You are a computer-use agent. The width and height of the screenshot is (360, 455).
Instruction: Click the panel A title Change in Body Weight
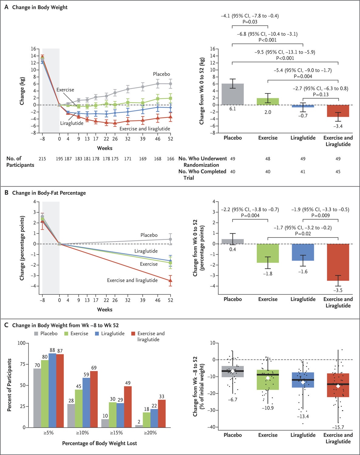(x=40, y=7)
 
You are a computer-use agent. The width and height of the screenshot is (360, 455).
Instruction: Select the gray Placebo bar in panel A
(x=233, y=94)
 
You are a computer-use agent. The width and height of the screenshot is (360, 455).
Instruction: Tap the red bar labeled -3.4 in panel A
(x=338, y=111)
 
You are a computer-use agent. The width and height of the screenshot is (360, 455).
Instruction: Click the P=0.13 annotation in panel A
(x=320, y=94)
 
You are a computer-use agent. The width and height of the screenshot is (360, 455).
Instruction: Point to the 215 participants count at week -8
(x=42, y=159)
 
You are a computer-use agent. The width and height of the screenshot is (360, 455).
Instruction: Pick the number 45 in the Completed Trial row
(x=338, y=172)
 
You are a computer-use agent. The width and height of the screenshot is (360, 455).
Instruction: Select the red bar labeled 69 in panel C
(x=94, y=399)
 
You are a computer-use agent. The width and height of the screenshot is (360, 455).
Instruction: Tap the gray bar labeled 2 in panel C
(x=139, y=426)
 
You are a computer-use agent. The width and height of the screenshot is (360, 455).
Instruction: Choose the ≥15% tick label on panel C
(x=116, y=433)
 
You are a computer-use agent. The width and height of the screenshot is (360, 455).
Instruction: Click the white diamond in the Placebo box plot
(x=233, y=371)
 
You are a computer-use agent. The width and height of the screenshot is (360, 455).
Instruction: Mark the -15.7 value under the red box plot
(x=338, y=427)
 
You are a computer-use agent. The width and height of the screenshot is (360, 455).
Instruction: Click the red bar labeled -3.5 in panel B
(x=338, y=262)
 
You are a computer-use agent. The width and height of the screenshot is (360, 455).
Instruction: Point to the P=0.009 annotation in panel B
(x=320, y=216)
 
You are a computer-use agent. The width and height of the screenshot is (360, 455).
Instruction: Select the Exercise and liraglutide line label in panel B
(x=132, y=280)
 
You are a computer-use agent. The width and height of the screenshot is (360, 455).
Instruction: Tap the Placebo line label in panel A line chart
(x=161, y=74)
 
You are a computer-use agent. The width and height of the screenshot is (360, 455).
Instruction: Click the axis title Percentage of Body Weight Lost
(x=99, y=443)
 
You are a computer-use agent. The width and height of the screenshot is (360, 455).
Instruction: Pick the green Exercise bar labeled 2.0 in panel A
(x=268, y=102)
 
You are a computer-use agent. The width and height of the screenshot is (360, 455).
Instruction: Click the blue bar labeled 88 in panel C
(x=52, y=390)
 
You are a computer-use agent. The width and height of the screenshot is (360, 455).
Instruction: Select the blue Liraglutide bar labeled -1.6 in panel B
(x=303, y=252)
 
